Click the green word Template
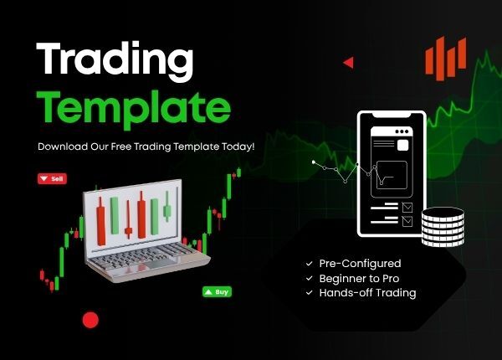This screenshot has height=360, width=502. pos(135,106)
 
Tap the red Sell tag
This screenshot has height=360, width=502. pos(52,178)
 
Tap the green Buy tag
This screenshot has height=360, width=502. pos(217,292)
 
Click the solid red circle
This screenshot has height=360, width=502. pos(90,319)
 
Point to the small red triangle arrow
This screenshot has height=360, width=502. pos(348,62)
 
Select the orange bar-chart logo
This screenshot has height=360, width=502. pos(444,59)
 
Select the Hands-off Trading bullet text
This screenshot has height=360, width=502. pos(367,292)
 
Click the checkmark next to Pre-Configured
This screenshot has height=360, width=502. pos(310,263)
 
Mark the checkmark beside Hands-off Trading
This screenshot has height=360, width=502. pos(310,292)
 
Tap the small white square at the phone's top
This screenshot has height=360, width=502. pos(402,145)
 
